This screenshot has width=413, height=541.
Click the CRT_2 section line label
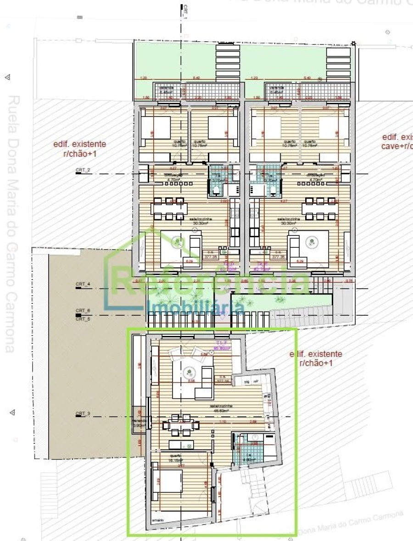[x=83, y=170]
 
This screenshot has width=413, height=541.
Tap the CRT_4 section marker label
[x=83, y=284]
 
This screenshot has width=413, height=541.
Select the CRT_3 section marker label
[x=83, y=414]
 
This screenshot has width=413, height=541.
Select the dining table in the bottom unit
[x=180, y=425]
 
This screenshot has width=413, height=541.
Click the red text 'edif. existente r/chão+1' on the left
[x=80, y=149]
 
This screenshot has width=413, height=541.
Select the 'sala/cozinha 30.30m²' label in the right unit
[x=287, y=222]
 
